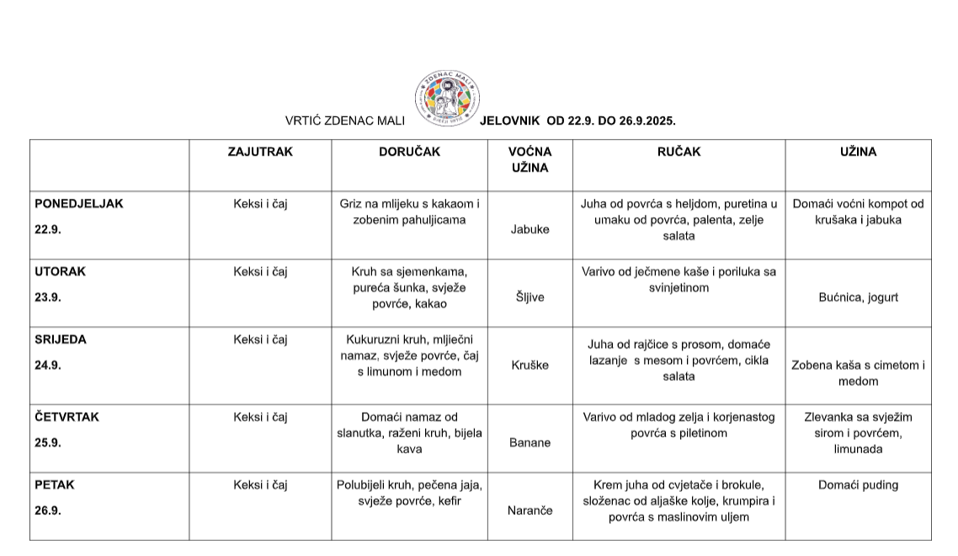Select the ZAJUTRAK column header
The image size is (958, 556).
coord(260,152)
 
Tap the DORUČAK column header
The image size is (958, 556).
coord(409,152)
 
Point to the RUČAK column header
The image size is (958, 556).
coord(679,152)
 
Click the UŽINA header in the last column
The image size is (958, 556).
coord(858,152)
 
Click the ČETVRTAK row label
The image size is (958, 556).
coord(67,417)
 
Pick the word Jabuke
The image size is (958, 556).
coord(530,229)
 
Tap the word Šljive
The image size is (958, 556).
coord(530,297)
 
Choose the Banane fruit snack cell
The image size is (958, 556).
coord(530,442)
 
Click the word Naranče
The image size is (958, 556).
coord(530,511)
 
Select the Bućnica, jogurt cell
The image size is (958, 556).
coord(858,297)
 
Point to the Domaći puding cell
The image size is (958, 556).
coord(858,485)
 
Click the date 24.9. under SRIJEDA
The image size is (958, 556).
coord(47,366)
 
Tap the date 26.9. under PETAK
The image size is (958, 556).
coord(47,511)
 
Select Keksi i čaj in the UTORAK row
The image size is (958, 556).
coord(260,272)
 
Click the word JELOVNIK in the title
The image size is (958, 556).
coord(509,121)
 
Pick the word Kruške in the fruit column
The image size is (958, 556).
coord(530,366)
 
